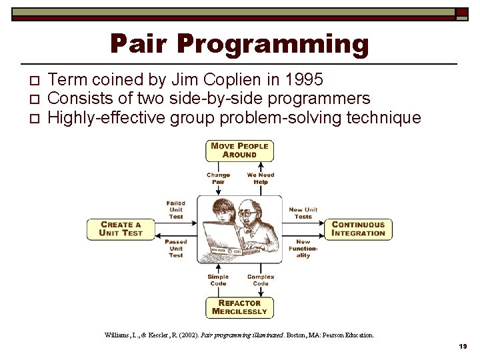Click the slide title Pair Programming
(239, 44)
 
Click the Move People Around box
(239, 150)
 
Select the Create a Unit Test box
(121, 229)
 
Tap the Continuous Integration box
(359, 229)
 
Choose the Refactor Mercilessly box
(239, 307)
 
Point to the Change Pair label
(218, 179)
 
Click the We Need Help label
(261, 179)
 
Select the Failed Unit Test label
(176, 210)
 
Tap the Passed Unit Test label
(176, 249)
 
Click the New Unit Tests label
(303, 213)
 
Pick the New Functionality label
(303, 249)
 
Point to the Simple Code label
(218, 280)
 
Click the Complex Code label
(261, 280)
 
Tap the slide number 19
(463, 347)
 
